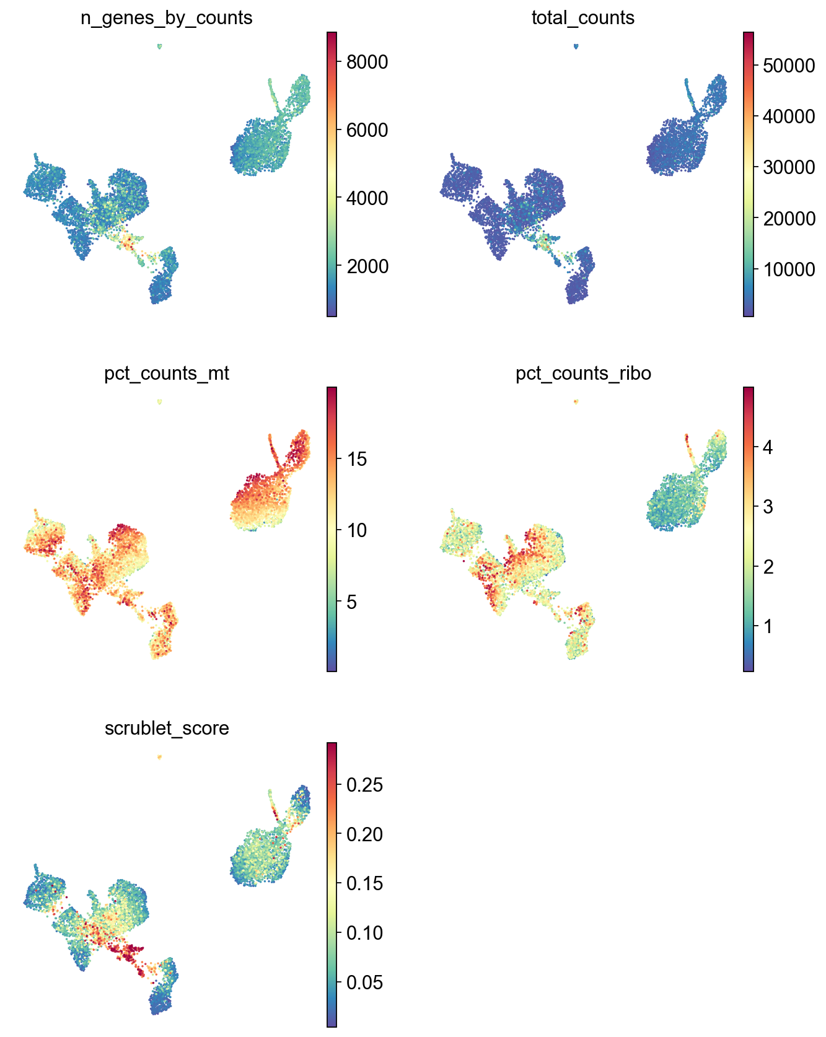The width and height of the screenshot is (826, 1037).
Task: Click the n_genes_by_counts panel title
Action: click(167, 18)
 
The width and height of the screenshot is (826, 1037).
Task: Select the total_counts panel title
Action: click(582, 18)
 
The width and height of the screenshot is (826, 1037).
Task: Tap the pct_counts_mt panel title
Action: click(167, 374)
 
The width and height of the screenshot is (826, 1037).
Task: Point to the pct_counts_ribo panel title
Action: click(582, 374)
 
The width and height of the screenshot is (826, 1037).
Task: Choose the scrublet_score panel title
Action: click(167, 728)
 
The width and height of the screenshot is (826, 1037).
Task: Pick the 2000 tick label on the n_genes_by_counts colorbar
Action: click(366, 266)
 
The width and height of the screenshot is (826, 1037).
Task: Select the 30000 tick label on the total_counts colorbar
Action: click(789, 167)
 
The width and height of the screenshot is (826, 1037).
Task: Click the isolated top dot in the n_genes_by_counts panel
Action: click(160, 46)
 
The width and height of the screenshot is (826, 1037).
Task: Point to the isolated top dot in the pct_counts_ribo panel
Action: click(576, 401)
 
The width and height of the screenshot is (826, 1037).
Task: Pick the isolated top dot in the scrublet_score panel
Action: click(160, 756)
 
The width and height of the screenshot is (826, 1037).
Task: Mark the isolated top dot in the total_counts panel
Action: click(576, 46)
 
